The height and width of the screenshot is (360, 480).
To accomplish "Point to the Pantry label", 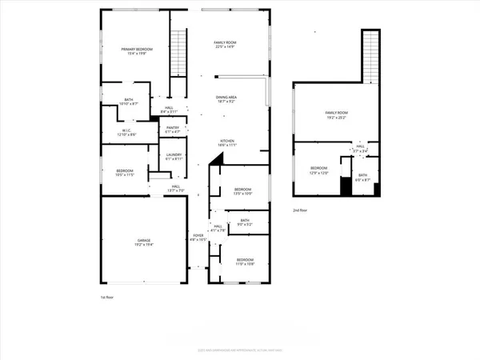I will pyautogui.click(x=172, y=129).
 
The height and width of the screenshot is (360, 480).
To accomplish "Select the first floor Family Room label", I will pyautogui.click(x=228, y=44).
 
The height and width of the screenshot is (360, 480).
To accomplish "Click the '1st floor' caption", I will pyautogui.click(x=108, y=296).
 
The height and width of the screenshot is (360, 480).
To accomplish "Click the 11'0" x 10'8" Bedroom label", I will pyautogui.click(x=245, y=262).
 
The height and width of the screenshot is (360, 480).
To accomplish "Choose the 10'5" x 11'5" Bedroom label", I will pyautogui.click(x=125, y=172).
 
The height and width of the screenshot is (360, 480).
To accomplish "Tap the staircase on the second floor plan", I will pyautogui.click(x=370, y=56).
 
